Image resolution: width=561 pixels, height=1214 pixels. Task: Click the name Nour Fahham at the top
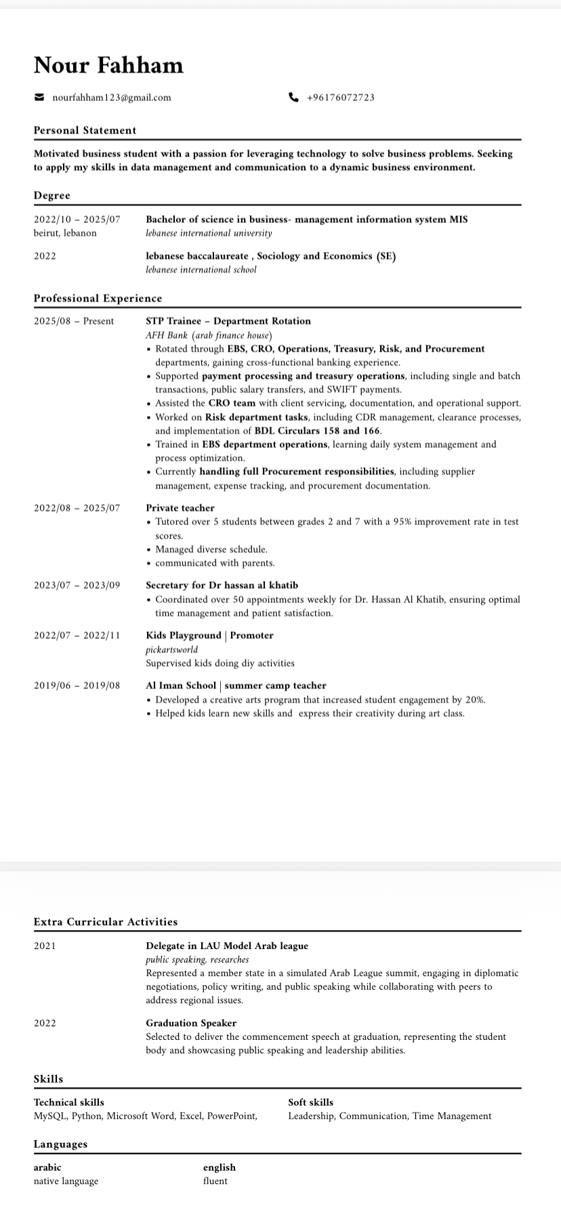pyautogui.click(x=108, y=66)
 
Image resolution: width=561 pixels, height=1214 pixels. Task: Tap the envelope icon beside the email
pyautogui.click(x=39, y=98)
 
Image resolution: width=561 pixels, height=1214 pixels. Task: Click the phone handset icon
pyautogui.click(x=293, y=98)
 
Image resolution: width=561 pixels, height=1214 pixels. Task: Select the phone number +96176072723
pyautogui.click(x=340, y=98)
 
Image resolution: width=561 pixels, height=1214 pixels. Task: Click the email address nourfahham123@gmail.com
pyautogui.click(x=112, y=98)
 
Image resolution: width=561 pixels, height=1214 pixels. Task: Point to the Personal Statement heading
pyautogui.click(x=85, y=131)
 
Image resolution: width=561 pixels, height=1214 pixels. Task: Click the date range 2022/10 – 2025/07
pyautogui.click(x=77, y=219)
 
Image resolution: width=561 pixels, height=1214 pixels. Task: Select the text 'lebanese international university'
pyautogui.click(x=209, y=233)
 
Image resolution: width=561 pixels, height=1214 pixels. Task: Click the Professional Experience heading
pyautogui.click(x=98, y=299)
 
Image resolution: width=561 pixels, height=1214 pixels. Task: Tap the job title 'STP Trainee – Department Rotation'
pyautogui.click(x=228, y=321)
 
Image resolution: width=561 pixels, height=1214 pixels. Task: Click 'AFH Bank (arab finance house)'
pyautogui.click(x=209, y=335)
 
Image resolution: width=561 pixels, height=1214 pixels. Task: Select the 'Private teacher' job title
pyautogui.click(x=180, y=508)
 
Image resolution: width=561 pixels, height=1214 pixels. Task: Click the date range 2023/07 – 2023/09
pyautogui.click(x=77, y=585)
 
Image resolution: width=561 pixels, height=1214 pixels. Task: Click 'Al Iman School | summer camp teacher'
pyautogui.click(x=236, y=686)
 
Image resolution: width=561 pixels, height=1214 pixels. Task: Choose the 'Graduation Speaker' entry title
pyautogui.click(x=191, y=1023)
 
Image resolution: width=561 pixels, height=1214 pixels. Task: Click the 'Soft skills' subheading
pyautogui.click(x=310, y=1102)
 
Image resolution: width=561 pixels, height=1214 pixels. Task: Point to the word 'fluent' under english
pyautogui.click(x=215, y=1181)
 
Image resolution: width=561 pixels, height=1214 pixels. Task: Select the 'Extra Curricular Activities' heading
pyautogui.click(x=106, y=922)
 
